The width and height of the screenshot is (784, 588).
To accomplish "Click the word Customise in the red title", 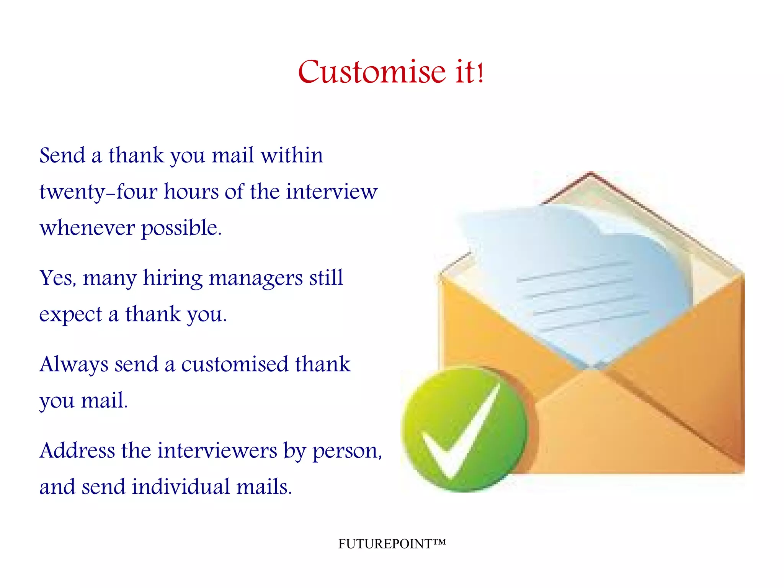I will point(372,72).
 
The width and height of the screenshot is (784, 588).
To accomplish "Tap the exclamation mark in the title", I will point(481,73).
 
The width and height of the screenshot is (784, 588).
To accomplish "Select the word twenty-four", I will point(98,192).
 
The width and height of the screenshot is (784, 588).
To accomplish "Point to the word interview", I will point(332,192).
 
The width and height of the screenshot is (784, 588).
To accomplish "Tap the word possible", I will point(181,228).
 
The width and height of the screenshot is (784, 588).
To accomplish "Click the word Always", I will point(74,364).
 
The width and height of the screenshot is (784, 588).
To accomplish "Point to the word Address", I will point(77,450).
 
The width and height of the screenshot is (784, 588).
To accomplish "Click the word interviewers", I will point(217,450).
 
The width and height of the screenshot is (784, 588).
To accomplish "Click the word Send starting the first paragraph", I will point(62,156).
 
